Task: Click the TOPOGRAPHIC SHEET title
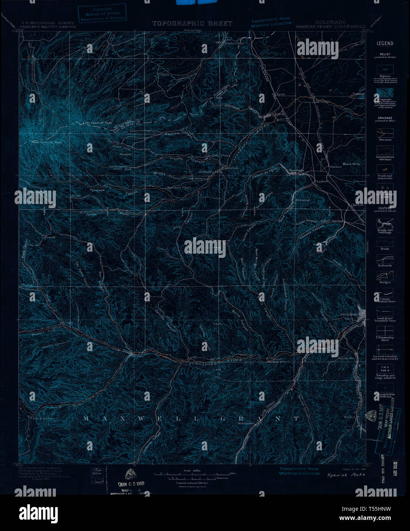pos(192,24)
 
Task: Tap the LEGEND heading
pos(385,44)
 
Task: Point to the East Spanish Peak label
pos(98,123)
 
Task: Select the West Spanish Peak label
pos(46,142)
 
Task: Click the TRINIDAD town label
pos(348,314)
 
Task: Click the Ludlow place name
pos(322,181)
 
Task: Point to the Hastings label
pos(296,170)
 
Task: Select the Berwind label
pos(303,200)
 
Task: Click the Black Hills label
pos(351,164)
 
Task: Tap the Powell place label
pos(50,237)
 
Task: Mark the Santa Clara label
pos(234,44)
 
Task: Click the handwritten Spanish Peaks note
pos(346,475)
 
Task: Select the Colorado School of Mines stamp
pos(102,14)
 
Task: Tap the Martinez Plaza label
pos(179,188)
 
